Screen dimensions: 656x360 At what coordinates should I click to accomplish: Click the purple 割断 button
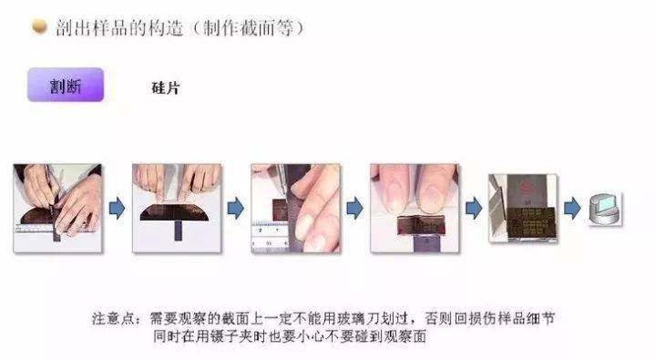pos(66,85)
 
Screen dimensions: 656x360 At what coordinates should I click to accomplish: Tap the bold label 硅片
pos(166,87)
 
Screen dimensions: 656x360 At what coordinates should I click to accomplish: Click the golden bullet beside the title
pos(39,26)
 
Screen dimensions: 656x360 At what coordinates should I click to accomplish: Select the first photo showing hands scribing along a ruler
pos(57,208)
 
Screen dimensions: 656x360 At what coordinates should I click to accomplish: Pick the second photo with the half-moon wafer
pos(177,208)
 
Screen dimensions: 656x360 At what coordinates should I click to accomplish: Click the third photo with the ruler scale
pos(295,208)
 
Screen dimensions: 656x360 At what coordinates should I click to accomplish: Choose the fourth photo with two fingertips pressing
pos(415,208)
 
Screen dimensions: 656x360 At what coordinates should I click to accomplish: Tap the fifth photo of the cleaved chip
pos(523,208)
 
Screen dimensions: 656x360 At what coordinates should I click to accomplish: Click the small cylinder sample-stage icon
pos(605,209)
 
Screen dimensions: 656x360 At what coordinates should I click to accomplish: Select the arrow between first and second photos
pos(118,208)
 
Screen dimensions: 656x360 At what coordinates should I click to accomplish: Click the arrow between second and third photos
pos(236,208)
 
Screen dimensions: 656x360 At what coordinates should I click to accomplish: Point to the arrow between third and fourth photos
pos(354,208)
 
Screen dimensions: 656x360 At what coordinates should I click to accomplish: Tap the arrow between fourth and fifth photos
pos(474,208)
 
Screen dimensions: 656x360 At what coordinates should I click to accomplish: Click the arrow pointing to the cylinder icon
pos(572,208)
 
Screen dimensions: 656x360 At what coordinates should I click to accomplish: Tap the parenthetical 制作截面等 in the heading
pos(249,28)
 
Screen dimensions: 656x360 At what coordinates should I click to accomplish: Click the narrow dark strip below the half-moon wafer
pos(179,231)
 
